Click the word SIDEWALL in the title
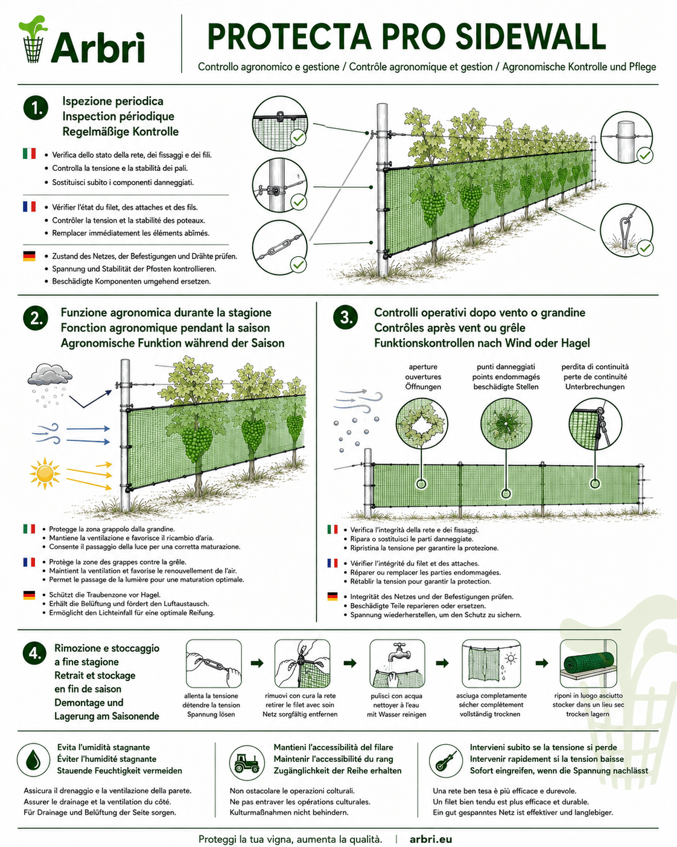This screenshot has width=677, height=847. tap(531, 37)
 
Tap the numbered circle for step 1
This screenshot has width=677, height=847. tap(36, 108)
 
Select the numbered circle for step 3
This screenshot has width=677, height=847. tap(346, 317)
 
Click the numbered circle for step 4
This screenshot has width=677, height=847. tap(35, 652)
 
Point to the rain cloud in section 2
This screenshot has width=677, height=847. tap(50, 375)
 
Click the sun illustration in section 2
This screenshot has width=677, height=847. tap(45, 473)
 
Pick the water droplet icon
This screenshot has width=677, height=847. tap(33, 759)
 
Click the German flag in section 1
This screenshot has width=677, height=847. tap(29, 256)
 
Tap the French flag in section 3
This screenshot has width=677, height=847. tap(332, 563)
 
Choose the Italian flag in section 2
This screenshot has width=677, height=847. tap(29, 529)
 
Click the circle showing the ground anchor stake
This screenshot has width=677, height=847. tap(626, 230)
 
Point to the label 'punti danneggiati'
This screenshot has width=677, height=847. tap(506, 367)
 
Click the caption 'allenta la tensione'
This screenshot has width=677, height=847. tap(211, 696)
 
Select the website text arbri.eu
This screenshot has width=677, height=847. tap(431, 839)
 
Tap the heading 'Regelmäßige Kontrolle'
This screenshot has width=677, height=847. tap(120, 132)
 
